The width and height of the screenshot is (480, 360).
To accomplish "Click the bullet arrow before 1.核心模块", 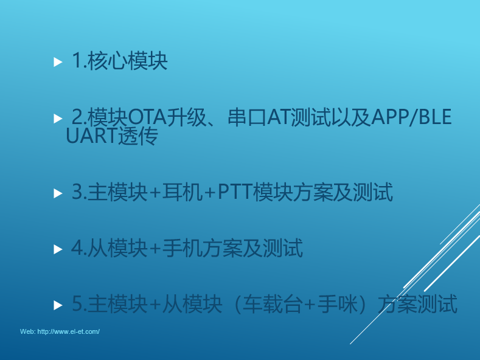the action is coord(58,62).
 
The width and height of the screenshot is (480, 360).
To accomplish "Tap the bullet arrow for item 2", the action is coord(58,119).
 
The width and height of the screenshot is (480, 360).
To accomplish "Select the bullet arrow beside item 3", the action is coord(58,193).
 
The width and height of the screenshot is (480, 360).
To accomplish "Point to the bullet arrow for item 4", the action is coord(58,249).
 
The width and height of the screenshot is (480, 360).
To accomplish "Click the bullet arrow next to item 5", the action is coord(58,305).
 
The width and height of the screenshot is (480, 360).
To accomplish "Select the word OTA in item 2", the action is coord(147,117).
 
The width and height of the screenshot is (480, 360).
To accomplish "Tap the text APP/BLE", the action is coord(411,117).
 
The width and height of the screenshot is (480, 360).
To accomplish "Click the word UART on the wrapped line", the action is coord(91,136).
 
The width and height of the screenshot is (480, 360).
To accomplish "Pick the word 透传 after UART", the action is coord(137,136).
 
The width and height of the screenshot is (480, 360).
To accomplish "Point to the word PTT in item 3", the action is coord(235,192).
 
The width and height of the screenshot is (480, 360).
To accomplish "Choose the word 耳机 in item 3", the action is coord(182,192).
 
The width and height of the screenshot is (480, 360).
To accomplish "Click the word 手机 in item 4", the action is coord(182,248).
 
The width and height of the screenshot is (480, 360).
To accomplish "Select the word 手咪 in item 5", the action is coord(338,304).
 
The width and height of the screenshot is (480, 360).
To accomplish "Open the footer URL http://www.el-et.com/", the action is coord(69,331).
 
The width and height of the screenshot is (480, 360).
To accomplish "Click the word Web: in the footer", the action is coord(27,331).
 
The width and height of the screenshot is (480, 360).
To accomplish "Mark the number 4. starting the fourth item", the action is coord(79,248).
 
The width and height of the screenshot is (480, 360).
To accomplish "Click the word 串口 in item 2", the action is coord(247,117).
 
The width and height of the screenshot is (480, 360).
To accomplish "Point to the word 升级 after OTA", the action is coord(187,117).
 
